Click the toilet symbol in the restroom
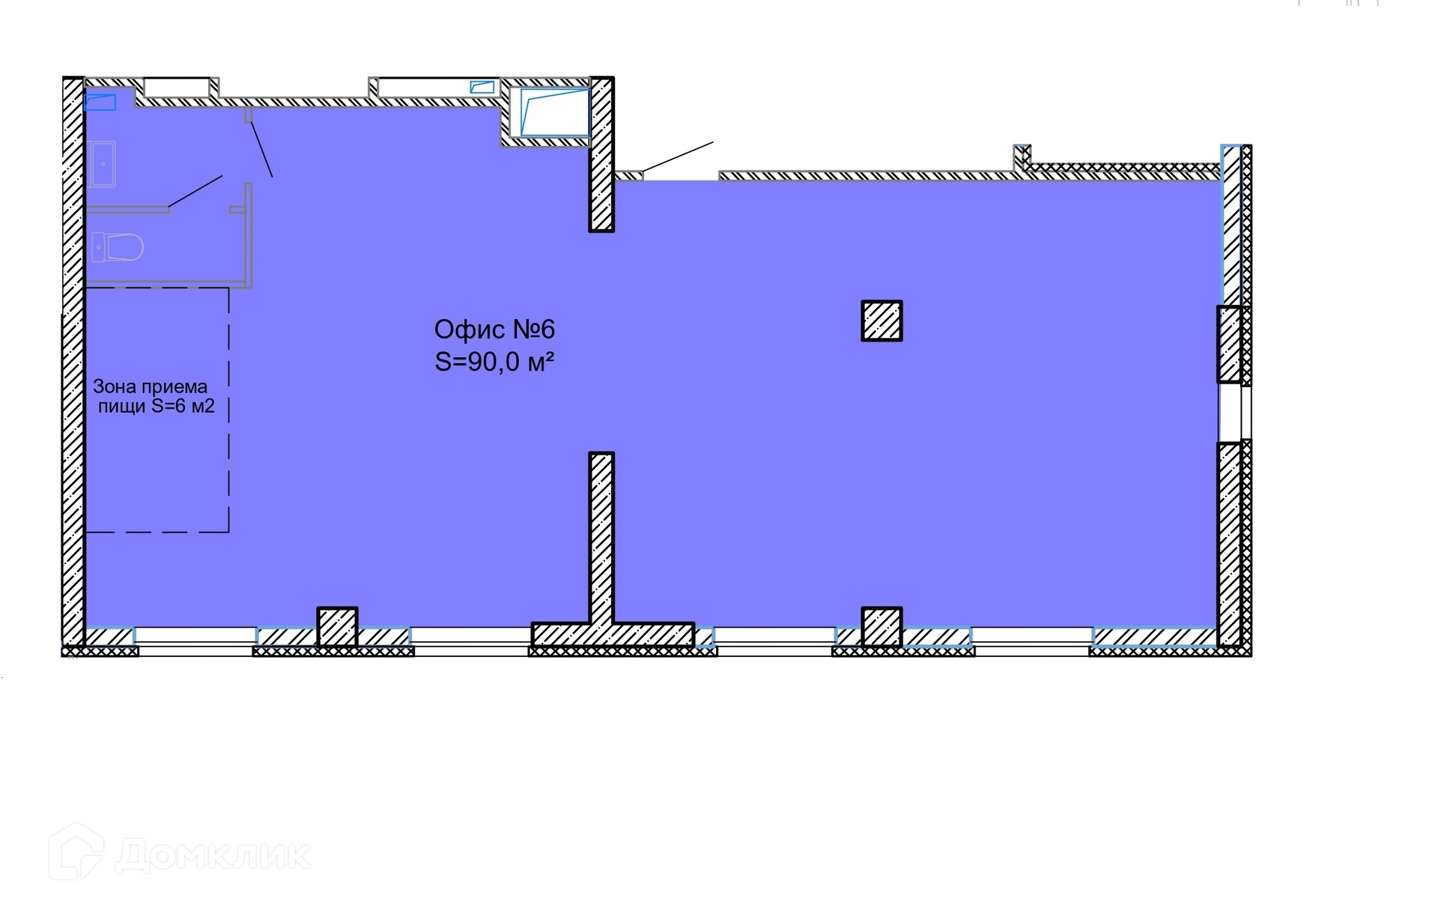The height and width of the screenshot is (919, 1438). pyautogui.click(x=118, y=246)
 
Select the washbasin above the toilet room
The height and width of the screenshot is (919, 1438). pyautogui.click(x=101, y=164)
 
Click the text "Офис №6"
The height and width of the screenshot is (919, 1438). pyautogui.click(x=494, y=330)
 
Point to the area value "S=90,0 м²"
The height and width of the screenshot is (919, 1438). pyautogui.click(x=494, y=363)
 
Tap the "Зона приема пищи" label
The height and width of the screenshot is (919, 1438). pyautogui.click(x=153, y=396)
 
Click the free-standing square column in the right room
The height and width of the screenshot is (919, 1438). pyautogui.click(x=882, y=321)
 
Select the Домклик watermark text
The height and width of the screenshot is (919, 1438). pyautogui.click(x=213, y=855)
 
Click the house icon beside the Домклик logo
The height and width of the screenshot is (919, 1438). pyautogui.click(x=76, y=852)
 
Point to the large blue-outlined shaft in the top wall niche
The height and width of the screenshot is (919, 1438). pyautogui.click(x=554, y=112)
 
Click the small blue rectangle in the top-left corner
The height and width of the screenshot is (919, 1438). pyautogui.click(x=100, y=102)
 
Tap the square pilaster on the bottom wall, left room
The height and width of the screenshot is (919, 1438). pyautogui.click(x=338, y=626)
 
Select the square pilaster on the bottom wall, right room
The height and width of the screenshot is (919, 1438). pyautogui.click(x=882, y=626)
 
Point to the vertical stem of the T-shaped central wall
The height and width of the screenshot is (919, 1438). pyautogui.click(x=601, y=536)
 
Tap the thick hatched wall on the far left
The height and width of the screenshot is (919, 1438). pyautogui.click(x=73, y=360)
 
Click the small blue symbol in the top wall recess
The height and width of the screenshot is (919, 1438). pyautogui.click(x=482, y=88)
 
